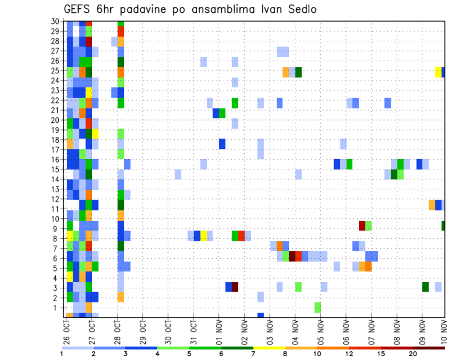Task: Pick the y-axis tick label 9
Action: pyautogui.click(x=57, y=229)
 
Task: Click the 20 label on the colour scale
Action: pyautogui.click(x=413, y=354)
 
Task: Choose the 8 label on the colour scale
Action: pyautogui.click(x=285, y=354)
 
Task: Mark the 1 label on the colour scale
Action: pyautogui.click(x=62, y=354)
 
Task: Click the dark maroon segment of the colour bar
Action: pyautogui.click(x=429, y=348)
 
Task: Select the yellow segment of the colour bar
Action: pyautogui.click(x=269, y=348)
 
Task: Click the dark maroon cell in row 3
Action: pyautogui.click(x=235, y=287)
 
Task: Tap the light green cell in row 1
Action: pyautogui.click(x=317, y=307)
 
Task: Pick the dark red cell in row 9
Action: pyautogui.click(x=362, y=226)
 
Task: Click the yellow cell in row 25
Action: pyautogui.click(x=438, y=72)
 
